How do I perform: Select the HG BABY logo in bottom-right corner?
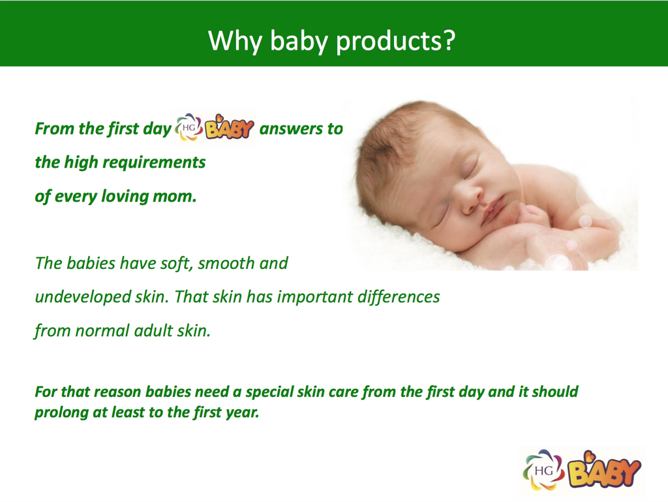coord(582,469)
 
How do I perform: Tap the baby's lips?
coord(493,210)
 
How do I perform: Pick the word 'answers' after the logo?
coord(292,129)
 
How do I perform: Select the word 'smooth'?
coord(224,264)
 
